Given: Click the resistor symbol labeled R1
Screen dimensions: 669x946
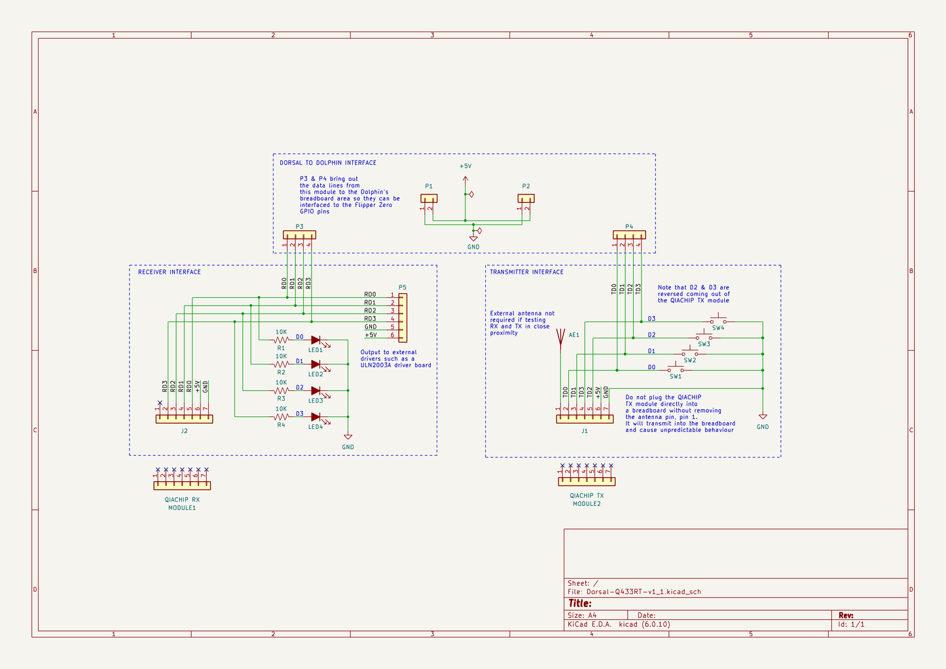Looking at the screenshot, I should [x=281, y=340].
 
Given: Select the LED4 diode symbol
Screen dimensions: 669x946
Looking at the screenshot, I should [x=316, y=416].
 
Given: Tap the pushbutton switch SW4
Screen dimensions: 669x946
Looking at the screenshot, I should [x=718, y=321].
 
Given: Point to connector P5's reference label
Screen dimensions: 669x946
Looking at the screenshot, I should [x=402, y=287].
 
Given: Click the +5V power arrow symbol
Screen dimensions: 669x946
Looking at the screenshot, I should [x=465, y=179].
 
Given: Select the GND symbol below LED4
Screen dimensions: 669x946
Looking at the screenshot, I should [x=348, y=437].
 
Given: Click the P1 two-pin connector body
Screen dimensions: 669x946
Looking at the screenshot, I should [x=429, y=198].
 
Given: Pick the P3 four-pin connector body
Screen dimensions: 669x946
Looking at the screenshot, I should [x=299, y=234].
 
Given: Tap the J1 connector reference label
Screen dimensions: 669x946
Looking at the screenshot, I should [x=585, y=431].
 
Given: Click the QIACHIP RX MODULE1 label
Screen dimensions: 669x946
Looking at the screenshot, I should [x=182, y=503].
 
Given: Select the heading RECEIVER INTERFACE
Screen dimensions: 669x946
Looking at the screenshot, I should [x=169, y=272].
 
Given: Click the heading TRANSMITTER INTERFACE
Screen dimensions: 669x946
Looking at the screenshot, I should [x=526, y=272].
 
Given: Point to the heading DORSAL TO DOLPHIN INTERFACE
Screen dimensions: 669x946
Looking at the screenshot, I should [x=328, y=163].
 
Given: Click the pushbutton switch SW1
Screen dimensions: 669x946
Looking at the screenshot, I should [x=676, y=369].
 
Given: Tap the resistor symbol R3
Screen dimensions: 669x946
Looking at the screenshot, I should [x=281, y=391].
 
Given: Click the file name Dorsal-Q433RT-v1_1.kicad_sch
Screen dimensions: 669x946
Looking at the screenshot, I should [x=644, y=592].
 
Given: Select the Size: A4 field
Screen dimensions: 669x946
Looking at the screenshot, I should [x=582, y=615].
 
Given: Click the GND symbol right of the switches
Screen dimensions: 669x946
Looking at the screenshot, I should [x=763, y=417].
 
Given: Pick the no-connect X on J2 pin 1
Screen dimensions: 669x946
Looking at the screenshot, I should [x=160, y=403].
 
